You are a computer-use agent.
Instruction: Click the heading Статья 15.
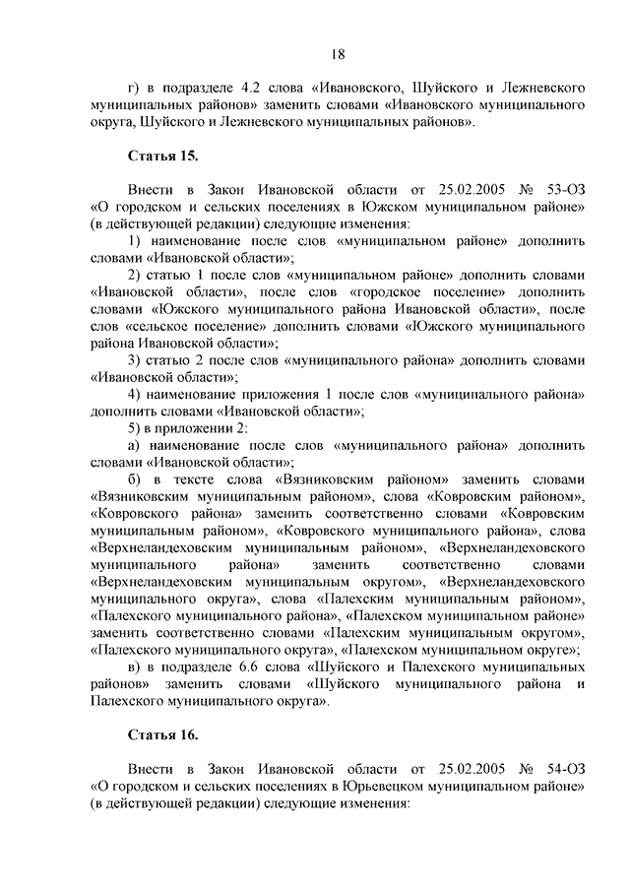pyautogui.click(x=162, y=156)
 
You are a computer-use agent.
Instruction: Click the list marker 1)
pyautogui.click(x=135, y=240)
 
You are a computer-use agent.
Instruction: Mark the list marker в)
pyautogui.click(x=135, y=668)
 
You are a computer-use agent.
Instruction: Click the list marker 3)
pyautogui.click(x=135, y=359)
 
